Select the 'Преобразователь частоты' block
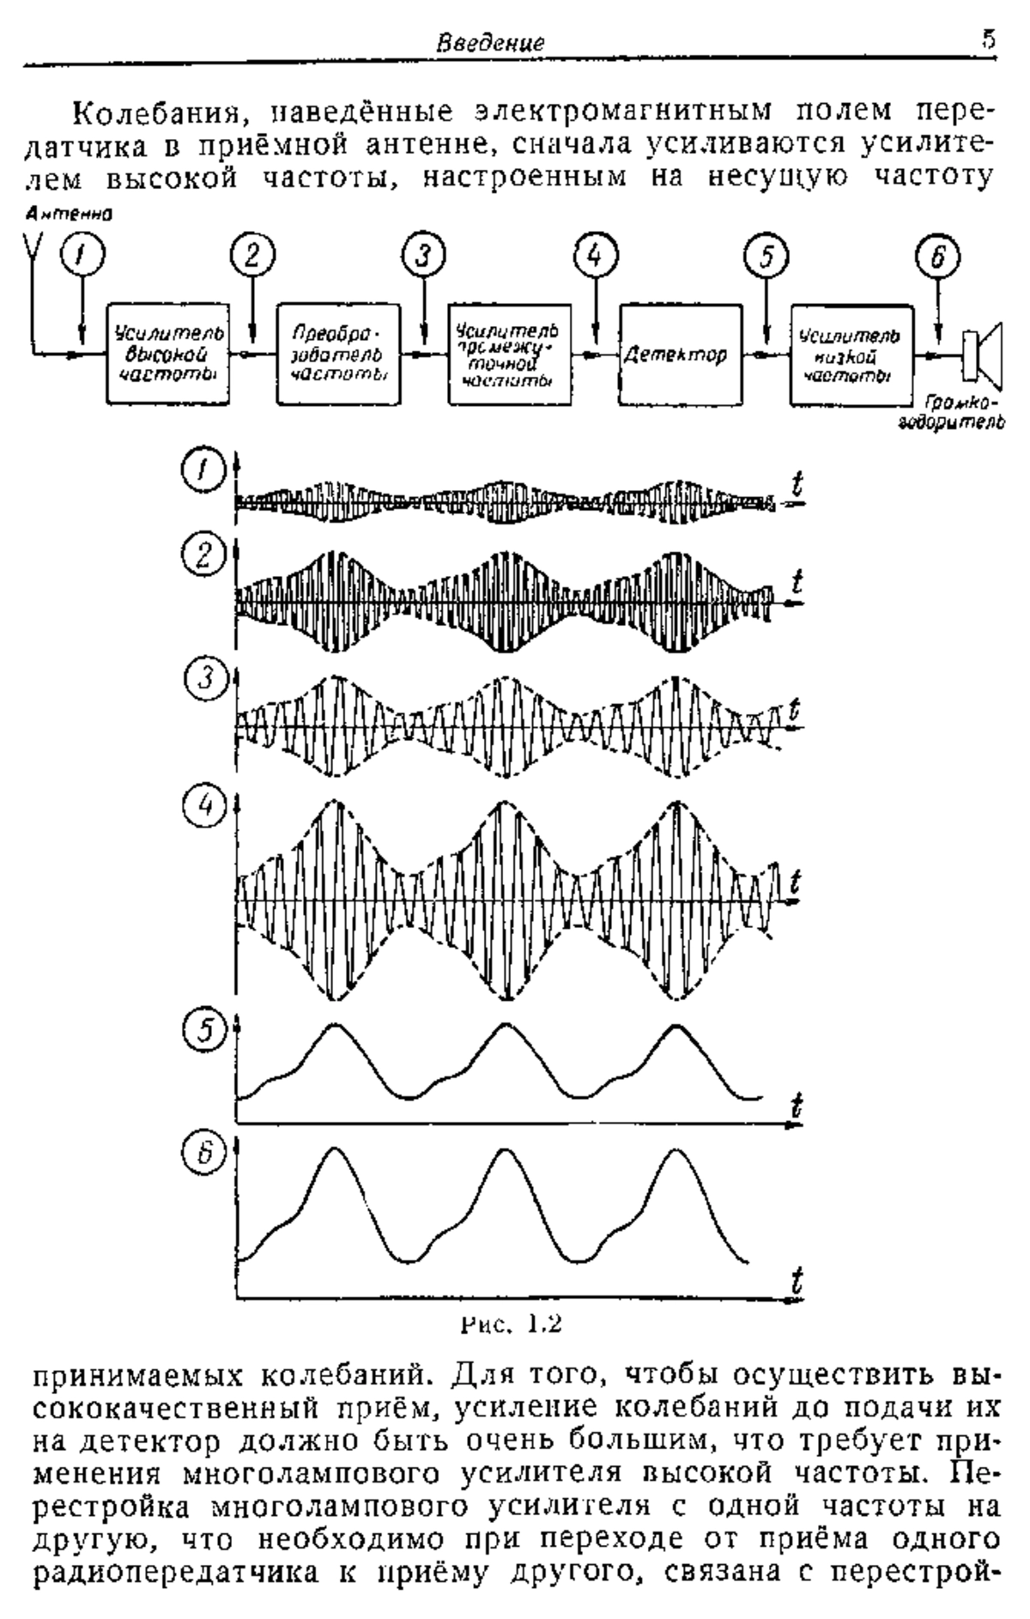340,354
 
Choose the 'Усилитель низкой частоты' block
851,354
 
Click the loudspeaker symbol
981,353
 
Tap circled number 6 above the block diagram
938,257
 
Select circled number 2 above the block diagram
251,257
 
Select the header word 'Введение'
490,41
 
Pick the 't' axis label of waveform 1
797,487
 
